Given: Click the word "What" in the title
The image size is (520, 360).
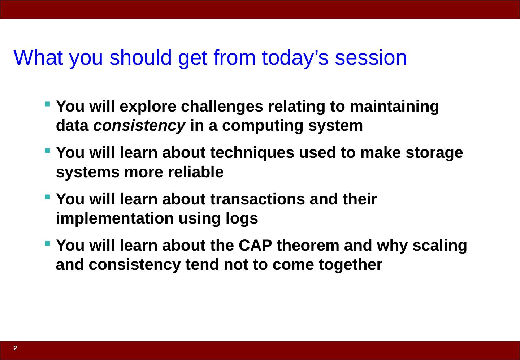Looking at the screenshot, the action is coord(38,57).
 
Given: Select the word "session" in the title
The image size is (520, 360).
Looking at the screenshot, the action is coord(371,57).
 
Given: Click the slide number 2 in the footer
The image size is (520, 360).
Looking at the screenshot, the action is coord(15,348).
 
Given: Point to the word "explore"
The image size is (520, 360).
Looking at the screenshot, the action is coord(148,107).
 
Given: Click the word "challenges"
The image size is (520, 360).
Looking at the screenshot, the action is coord(222,107).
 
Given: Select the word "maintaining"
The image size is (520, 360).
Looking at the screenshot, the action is coord(394,107).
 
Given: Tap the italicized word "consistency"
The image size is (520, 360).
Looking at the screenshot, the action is coord(139,126).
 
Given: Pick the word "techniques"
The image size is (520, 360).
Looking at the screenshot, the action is coord(252,153).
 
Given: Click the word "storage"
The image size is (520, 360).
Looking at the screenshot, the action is coord(434,153).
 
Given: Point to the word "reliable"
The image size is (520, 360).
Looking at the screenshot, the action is coord(195,172).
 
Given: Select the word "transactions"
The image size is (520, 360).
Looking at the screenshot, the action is coord(257,199).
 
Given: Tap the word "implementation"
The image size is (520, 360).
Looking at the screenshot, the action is coord(115,218).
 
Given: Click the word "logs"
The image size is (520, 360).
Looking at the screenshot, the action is coord(242,218).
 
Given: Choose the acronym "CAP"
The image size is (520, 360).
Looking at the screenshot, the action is coord(255,246).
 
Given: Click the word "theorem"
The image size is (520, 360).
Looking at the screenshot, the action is coord(308,246).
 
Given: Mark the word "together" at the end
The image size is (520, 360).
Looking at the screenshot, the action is coord(351,265).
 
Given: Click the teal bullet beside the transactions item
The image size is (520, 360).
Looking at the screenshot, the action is coord(48,197).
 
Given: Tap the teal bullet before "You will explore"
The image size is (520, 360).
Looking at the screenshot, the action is coord(48,104).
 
